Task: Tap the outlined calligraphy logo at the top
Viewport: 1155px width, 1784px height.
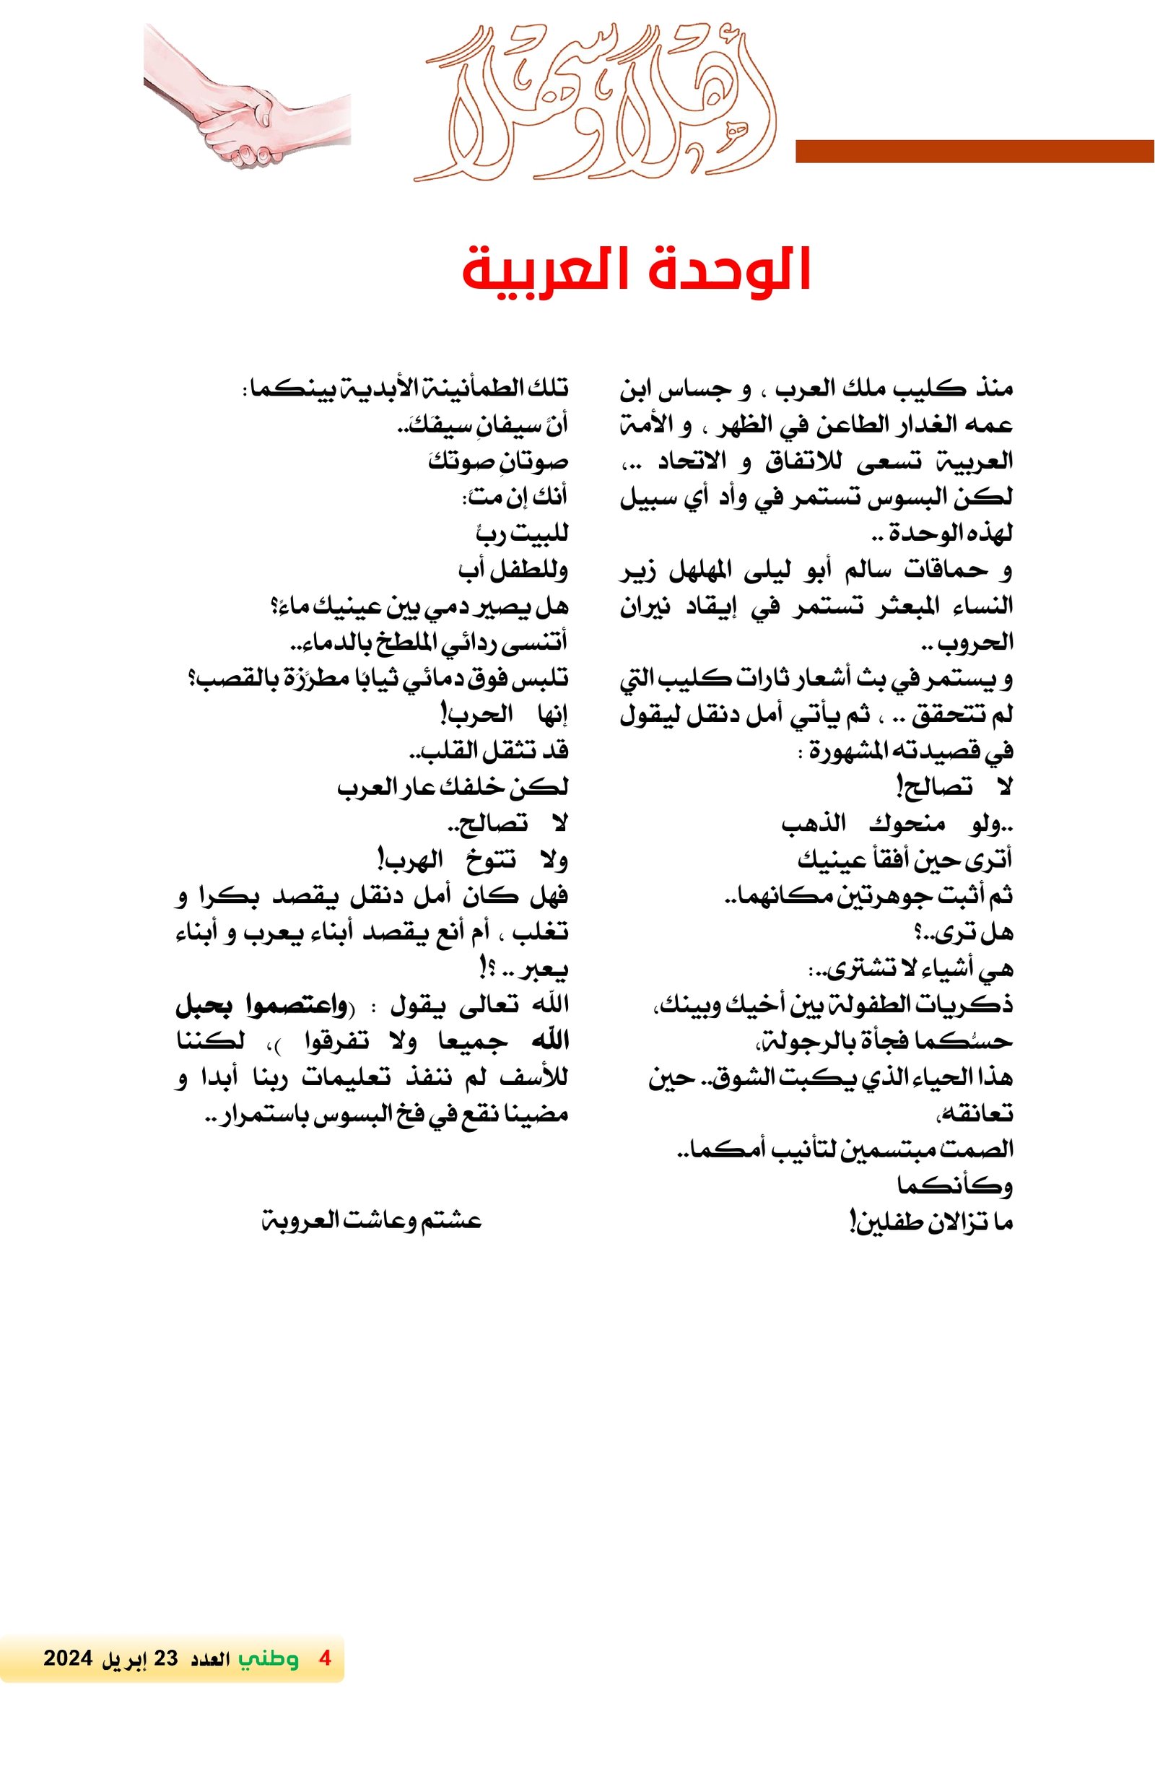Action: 596,105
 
